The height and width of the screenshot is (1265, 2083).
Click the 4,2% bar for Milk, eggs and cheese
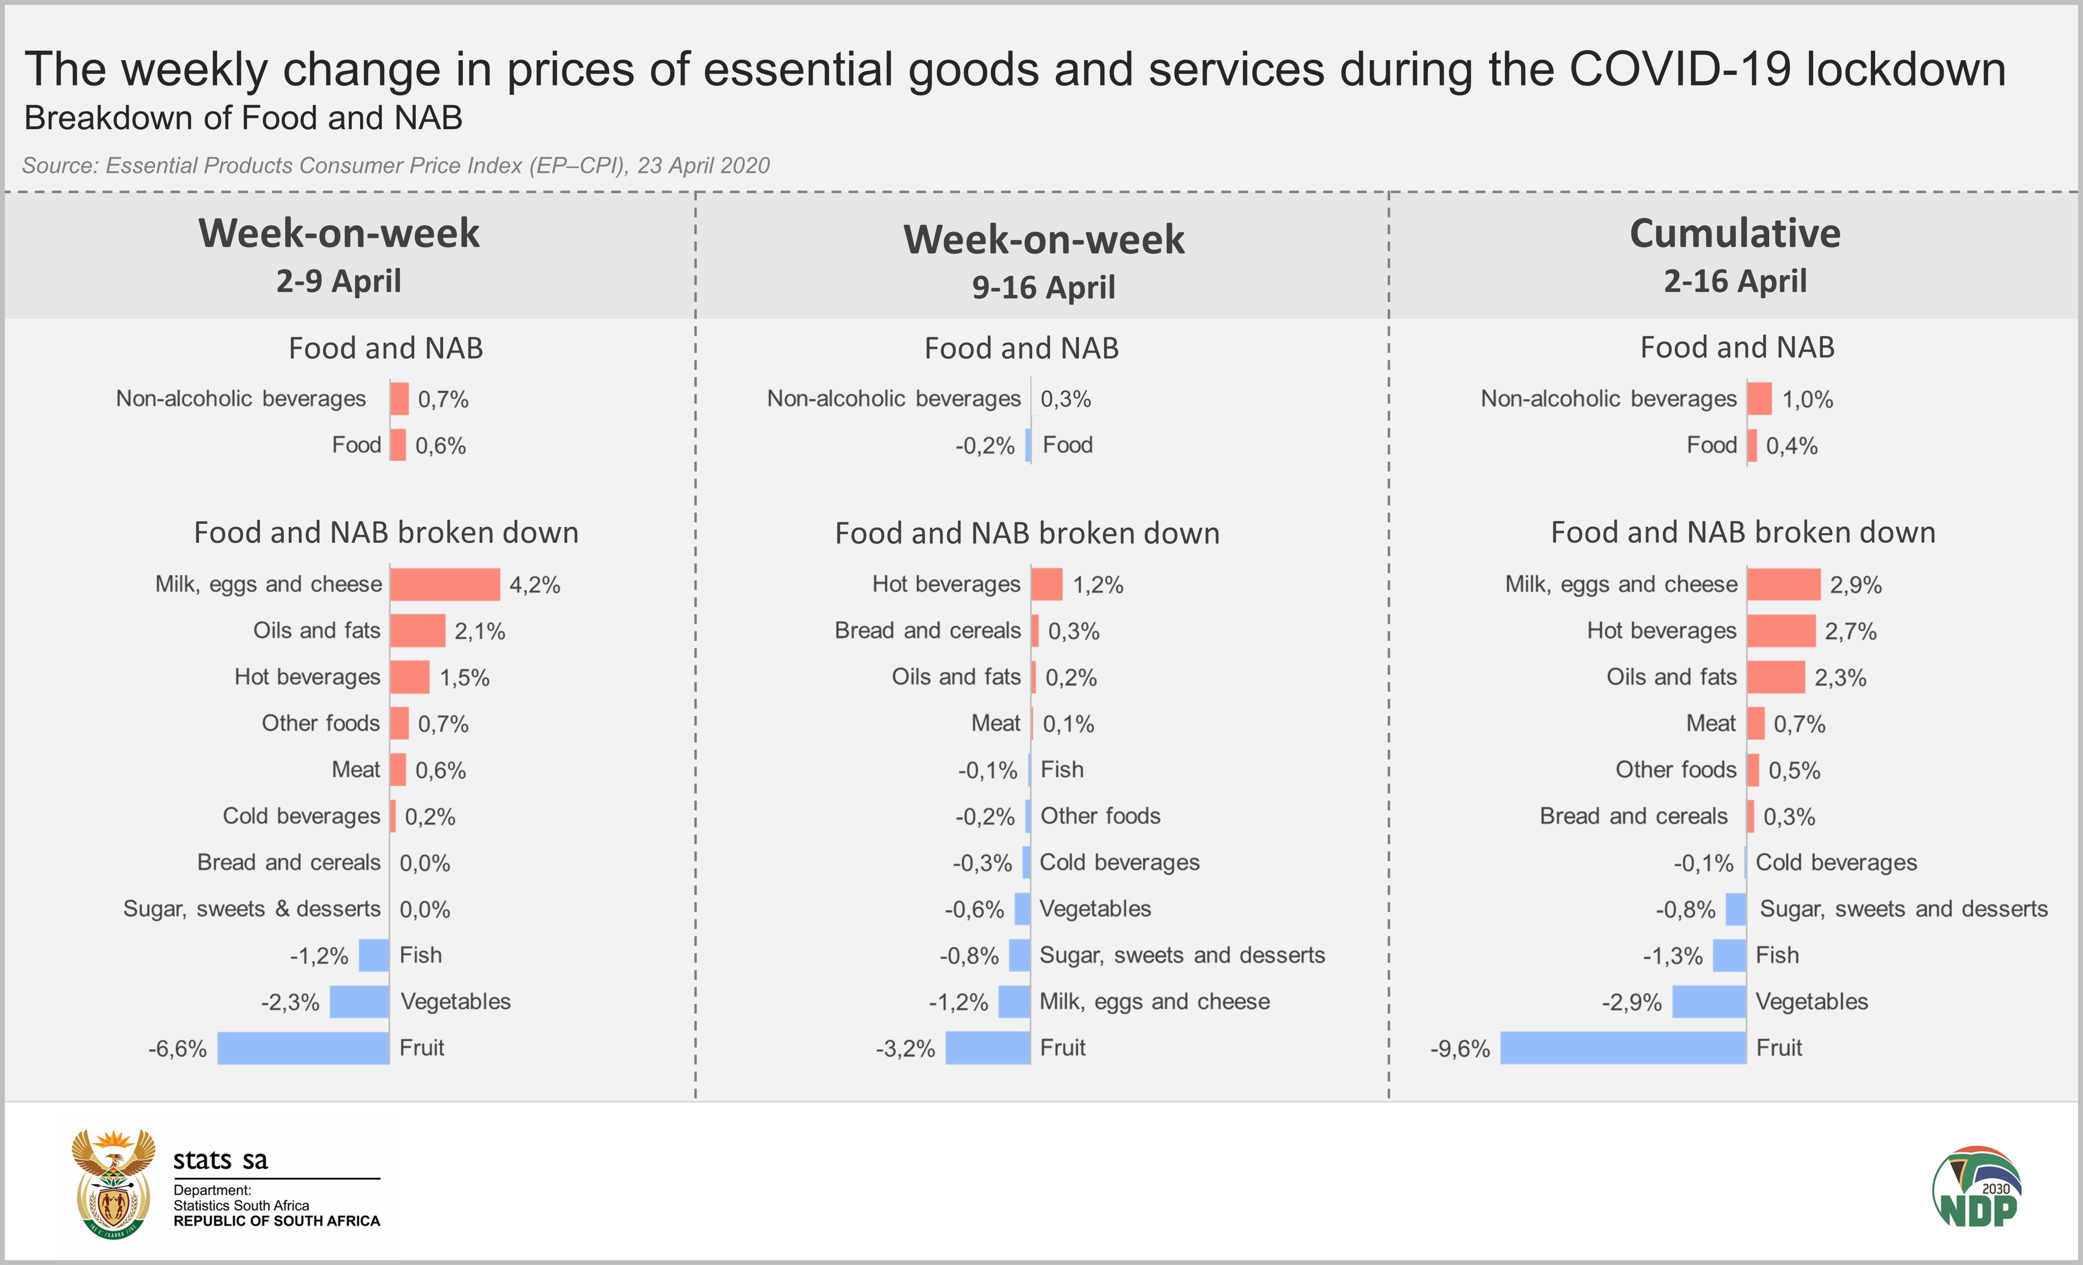tap(445, 584)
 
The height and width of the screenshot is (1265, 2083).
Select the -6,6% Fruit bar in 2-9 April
tap(304, 1048)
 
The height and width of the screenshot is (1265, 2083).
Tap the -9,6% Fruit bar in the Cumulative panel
tap(1623, 1048)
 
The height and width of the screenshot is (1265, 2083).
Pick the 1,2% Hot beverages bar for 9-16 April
tap(1047, 584)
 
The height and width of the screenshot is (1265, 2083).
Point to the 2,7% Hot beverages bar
tap(1781, 630)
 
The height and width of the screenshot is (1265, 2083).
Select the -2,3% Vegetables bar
tap(359, 1001)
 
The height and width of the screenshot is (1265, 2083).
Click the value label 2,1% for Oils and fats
tap(480, 631)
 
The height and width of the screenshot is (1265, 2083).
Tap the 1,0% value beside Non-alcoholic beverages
tap(1808, 400)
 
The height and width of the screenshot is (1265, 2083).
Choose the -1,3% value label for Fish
tap(1672, 956)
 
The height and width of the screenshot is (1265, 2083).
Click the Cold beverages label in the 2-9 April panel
tap(301, 816)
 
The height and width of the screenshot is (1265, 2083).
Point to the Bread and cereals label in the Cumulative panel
tap(1633, 816)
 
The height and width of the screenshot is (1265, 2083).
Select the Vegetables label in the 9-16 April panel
tap(1095, 909)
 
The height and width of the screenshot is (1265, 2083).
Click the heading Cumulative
tap(1735, 233)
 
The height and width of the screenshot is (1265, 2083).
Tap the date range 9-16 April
tap(1043, 287)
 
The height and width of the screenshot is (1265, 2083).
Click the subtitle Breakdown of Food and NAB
tap(243, 118)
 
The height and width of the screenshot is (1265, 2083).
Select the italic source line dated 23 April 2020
tap(396, 166)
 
